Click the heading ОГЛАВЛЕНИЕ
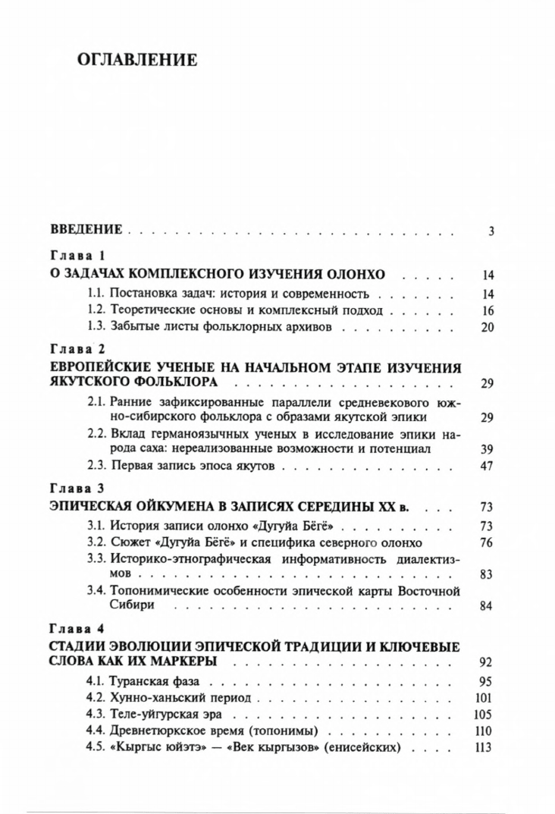coord(137,60)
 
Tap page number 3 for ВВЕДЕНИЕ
coord(491,231)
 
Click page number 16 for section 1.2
coord(488,311)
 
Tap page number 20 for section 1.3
coord(488,328)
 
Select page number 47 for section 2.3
coord(488,466)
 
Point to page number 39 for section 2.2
coord(488,448)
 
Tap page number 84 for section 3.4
coord(488,605)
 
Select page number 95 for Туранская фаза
coord(488,681)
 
